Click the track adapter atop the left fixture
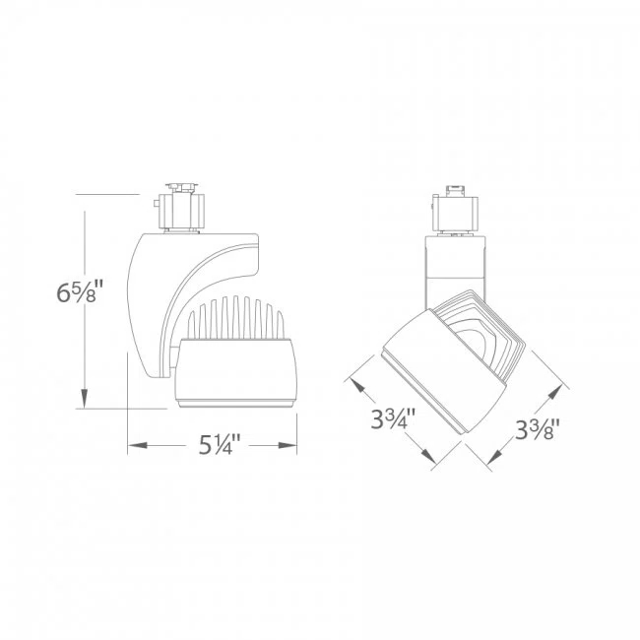(181, 208)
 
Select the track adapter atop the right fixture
(456, 210)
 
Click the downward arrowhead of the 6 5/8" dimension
(87, 397)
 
